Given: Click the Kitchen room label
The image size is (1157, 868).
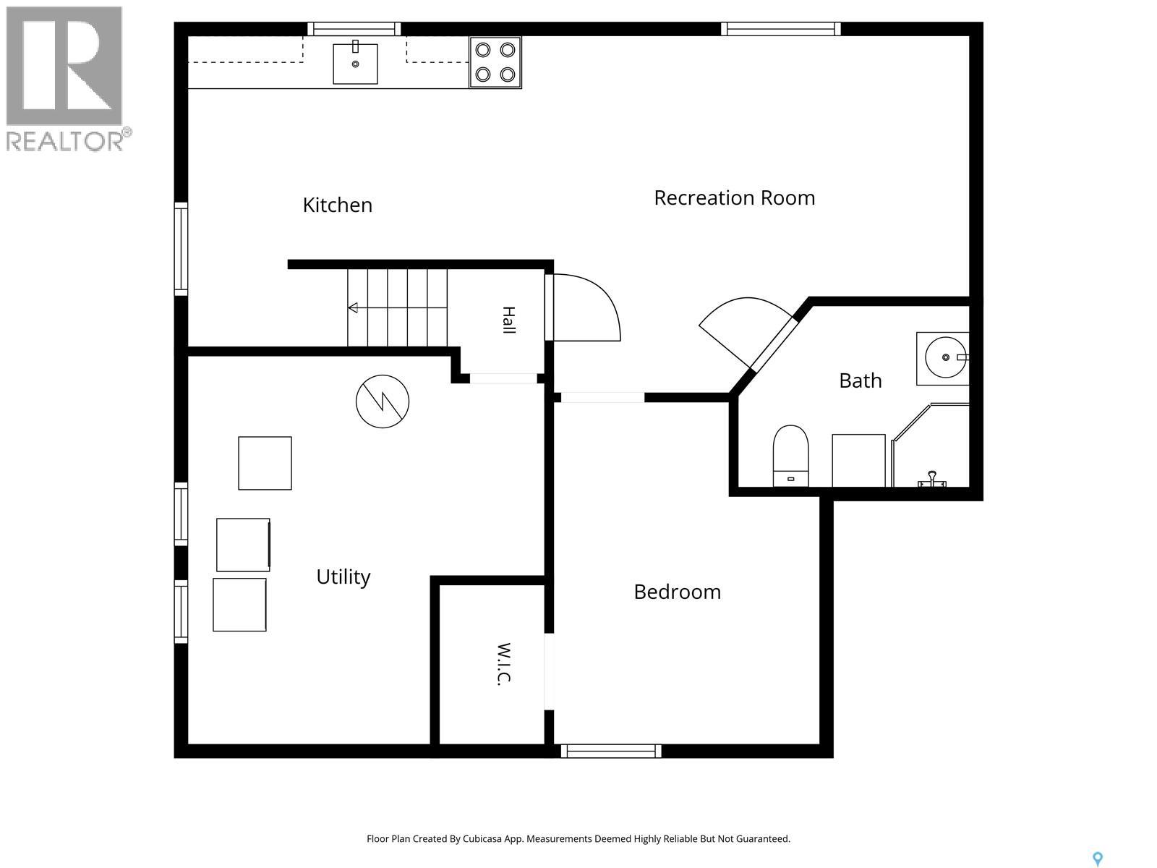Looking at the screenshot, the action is pos(338,205).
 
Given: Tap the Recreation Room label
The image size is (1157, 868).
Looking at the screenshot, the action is pos(734,197).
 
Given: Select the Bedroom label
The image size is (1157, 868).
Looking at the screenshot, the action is pos(678,592).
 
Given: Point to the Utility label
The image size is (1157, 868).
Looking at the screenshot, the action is pos(343,577).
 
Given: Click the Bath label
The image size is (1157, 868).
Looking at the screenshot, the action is pos(861,380).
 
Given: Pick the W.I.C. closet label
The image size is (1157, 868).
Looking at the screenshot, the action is pos(505,664).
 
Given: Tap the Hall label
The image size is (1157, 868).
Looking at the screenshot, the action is pos(508,320).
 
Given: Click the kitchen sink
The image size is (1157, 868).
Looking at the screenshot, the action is pos(355,64).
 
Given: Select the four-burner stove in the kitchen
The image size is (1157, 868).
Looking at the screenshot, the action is pos(495,63).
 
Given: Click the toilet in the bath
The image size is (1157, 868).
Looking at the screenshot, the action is pos(790,456).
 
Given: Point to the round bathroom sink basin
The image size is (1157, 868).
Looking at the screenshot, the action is pos(945,358).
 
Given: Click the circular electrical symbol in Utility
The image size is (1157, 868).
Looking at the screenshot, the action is pos(383,401).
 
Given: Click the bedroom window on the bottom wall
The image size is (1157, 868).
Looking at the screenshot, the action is pos(611,751).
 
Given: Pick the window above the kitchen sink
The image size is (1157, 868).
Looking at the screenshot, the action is pos(354,28).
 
